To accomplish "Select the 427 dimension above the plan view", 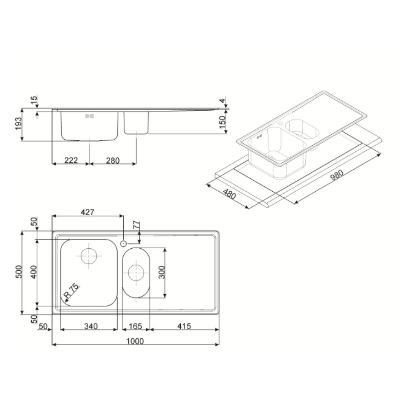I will pos(87,212).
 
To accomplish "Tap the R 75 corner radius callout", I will pos(72,291).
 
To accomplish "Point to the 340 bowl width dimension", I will pos(90,326).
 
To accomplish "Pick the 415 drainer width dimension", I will pos(183,326).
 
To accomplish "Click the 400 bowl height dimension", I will pos(33,272).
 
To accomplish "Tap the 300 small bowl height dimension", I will pos(162,272).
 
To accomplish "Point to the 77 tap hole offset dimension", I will pos(137,225).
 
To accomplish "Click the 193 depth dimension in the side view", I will pos(18,125).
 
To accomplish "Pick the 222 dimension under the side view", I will pos(71,160).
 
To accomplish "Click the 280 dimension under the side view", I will pos(112,160).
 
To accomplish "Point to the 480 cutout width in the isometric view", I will pos(230,194).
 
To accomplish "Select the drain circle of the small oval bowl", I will pos(136,272).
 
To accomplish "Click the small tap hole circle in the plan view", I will pos(123,243).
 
